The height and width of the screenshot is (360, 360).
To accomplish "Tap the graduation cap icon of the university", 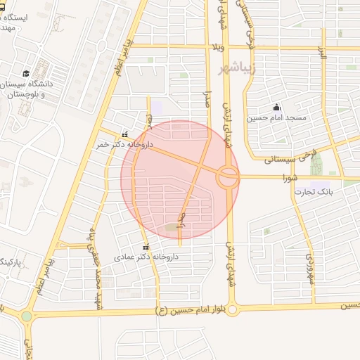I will coord(26,74).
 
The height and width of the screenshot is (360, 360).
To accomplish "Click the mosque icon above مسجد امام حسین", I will coord(276,108).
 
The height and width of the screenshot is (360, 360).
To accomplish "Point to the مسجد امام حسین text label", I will coord(276,118).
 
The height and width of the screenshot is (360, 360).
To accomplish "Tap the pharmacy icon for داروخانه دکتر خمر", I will coord(125,134).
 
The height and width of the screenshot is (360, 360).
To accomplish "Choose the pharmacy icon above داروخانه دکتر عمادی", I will coord(146,247).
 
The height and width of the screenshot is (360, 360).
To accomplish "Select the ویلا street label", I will coord(218,47).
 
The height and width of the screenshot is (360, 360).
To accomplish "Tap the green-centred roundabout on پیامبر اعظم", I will coord(27,316).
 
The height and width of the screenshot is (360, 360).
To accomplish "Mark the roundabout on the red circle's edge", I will coord(228,176).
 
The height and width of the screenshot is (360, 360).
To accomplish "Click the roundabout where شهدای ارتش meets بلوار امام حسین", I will coord(233,309).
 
